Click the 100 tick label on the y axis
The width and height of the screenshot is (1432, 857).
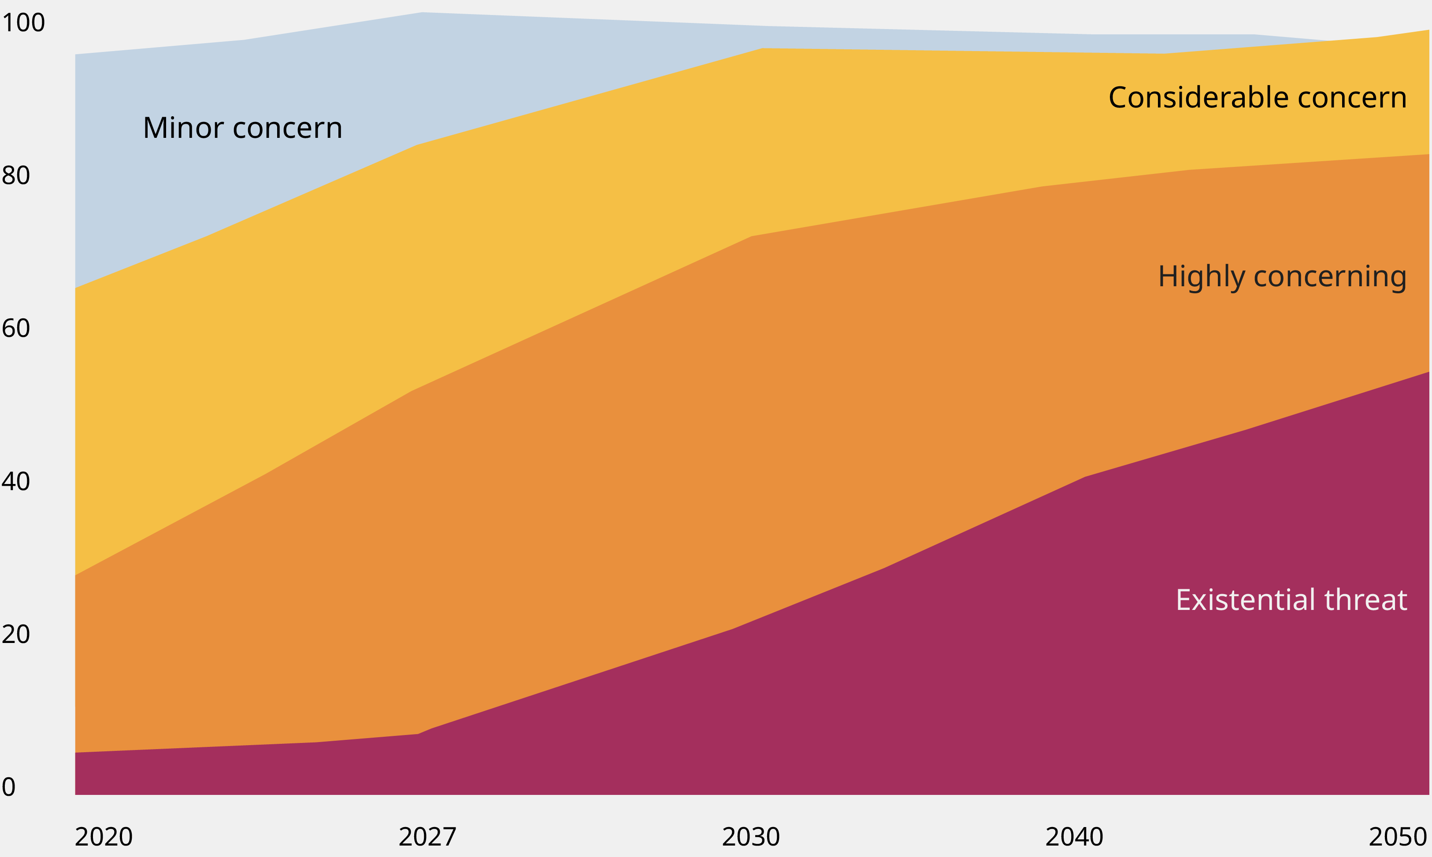click(23, 23)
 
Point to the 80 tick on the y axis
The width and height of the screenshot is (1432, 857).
click(16, 176)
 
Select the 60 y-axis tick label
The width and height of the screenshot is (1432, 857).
click(16, 329)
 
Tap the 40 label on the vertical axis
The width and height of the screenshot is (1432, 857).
click(16, 482)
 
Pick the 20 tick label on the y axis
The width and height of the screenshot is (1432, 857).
click(16, 634)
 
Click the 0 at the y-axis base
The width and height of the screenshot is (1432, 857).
click(9, 787)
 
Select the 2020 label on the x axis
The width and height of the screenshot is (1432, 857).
click(104, 837)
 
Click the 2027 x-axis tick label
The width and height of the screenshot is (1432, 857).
click(427, 837)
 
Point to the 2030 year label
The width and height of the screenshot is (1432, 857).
click(751, 837)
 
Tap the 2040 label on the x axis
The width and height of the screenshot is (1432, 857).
click(1074, 837)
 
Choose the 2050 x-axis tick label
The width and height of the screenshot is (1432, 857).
click(1398, 837)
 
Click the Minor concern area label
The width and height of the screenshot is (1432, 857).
click(243, 128)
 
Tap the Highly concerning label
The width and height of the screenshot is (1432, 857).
click(1282, 277)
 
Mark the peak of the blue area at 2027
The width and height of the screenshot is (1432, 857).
click(422, 13)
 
